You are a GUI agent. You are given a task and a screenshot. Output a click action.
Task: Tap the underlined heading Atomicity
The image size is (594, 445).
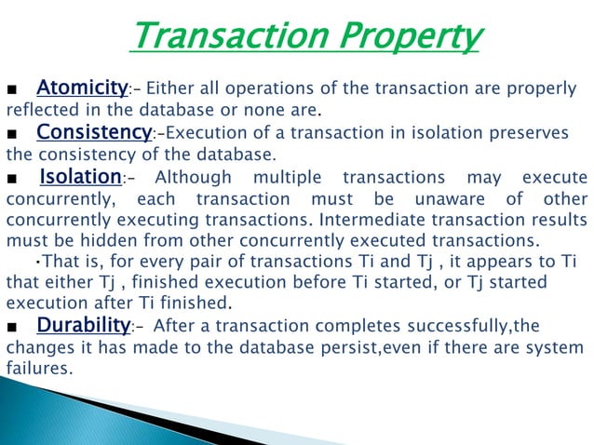[x=82, y=88]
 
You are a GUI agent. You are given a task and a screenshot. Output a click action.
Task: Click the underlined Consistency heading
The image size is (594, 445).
[x=94, y=132]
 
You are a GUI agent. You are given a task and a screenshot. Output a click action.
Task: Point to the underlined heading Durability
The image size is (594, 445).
[x=82, y=325]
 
